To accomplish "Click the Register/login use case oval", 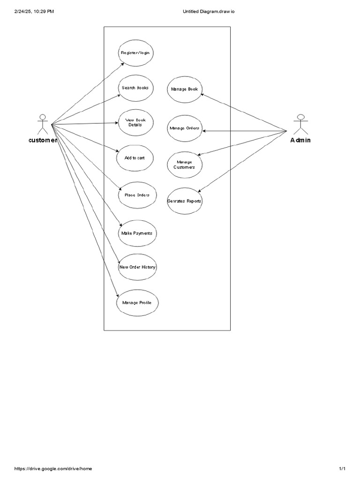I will [135, 53].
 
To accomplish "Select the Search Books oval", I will [135, 88].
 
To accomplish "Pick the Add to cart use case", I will [135, 158].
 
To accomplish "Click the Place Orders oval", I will [137, 195].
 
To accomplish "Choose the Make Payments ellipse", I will [136, 233].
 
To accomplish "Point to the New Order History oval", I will [137, 267].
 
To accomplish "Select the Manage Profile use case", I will [137, 303].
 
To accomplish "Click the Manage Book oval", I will [184, 89].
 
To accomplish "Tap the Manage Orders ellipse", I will [184, 128].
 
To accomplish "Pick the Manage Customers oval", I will [184, 165].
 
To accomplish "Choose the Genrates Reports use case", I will [184, 201].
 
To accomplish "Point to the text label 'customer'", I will [43, 140].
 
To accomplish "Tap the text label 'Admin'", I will [300, 140].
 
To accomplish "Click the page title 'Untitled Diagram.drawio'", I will [209, 12].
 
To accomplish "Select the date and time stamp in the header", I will [34, 12].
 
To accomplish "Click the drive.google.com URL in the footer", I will [53, 468].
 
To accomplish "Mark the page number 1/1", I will [342, 468].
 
